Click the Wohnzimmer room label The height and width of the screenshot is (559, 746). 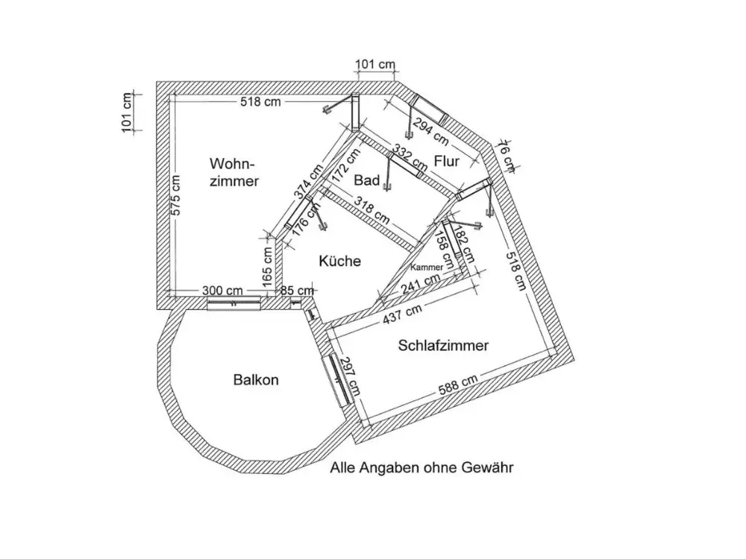[234, 171]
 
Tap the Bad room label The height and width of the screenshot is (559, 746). [367, 180]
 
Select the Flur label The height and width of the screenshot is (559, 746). [446, 161]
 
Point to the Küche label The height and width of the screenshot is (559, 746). [339, 261]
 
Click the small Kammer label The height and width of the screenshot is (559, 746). [427, 266]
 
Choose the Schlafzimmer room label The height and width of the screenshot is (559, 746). [443, 346]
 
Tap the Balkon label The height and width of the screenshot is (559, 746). [256, 380]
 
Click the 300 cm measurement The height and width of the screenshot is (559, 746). [224, 289]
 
